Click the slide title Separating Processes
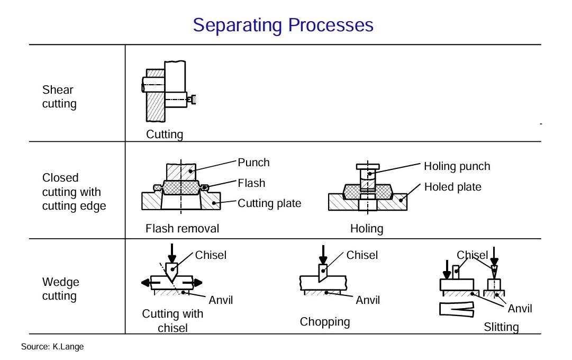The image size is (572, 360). [x=283, y=25]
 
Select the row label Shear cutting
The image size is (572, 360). [x=59, y=97]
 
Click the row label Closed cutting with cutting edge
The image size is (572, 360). [x=74, y=192]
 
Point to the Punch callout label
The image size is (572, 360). [x=253, y=163]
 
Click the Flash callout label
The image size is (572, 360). [x=251, y=183]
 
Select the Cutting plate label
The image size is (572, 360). [x=269, y=203]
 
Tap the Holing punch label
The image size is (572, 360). [x=457, y=166]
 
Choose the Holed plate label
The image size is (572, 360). [x=452, y=187]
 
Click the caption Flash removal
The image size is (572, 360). [x=182, y=229]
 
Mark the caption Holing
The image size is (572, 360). [x=366, y=229]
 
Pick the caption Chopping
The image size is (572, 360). [x=325, y=322]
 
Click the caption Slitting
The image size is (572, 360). [x=501, y=327]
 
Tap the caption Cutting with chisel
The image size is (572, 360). [x=172, y=321]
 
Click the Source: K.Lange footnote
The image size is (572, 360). [x=52, y=347]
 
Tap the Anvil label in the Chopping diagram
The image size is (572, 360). [x=368, y=300]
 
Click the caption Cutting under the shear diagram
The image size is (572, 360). [x=165, y=134]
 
